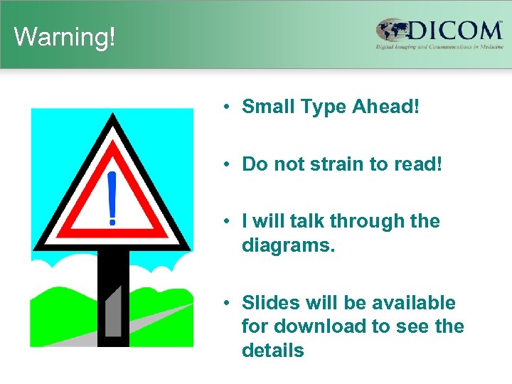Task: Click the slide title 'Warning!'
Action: tap(64, 36)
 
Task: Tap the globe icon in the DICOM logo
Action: tap(393, 31)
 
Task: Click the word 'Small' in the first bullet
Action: tap(267, 107)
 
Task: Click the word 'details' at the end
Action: tap(272, 350)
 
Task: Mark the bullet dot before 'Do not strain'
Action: tap(224, 164)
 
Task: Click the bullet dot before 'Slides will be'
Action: tap(224, 303)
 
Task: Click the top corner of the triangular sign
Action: tap(112, 118)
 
